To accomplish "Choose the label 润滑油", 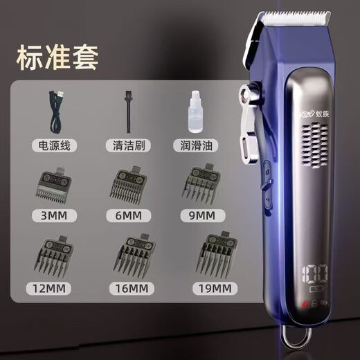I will [196, 146].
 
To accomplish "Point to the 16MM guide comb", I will [130, 256].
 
